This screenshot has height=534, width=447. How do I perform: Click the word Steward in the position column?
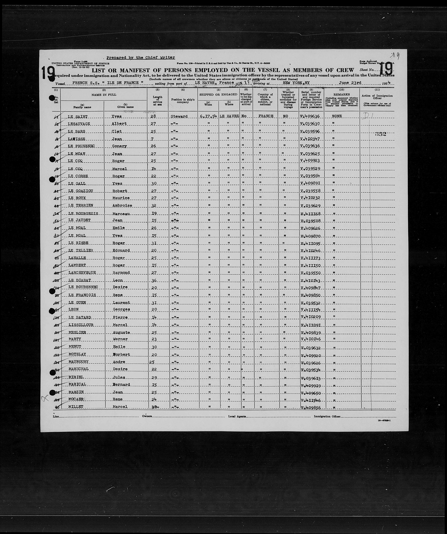tap(179, 116)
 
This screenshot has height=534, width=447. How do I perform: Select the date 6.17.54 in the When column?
tap(208, 116)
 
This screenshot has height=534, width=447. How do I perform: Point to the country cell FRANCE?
tap(266, 116)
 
